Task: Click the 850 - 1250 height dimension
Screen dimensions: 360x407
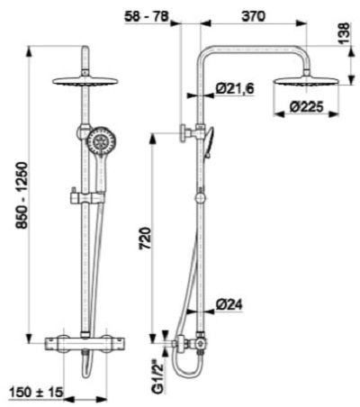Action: pyautogui.click(x=23, y=196)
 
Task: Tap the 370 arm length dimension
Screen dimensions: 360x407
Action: pyautogui.click(x=254, y=16)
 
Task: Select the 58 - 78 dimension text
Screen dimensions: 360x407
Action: pyautogui.click(x=147, y=16)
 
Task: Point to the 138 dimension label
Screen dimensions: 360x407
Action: pyautogui.click(x=345, y=33)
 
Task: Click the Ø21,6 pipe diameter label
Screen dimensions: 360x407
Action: pyautogui.click(x=235, y=88)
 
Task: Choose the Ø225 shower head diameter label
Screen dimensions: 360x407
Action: pyautogui.click(x=307, y=107)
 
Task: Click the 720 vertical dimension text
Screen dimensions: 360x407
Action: pyautogui.click(x=145, y=239)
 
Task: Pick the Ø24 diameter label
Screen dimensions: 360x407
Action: pyautogui.click(x=229, y=305)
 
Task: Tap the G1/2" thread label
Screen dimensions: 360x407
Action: pyautogui.click(x=157, y=375)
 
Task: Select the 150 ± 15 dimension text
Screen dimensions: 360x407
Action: pyautogui.click(x=36, y=392)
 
